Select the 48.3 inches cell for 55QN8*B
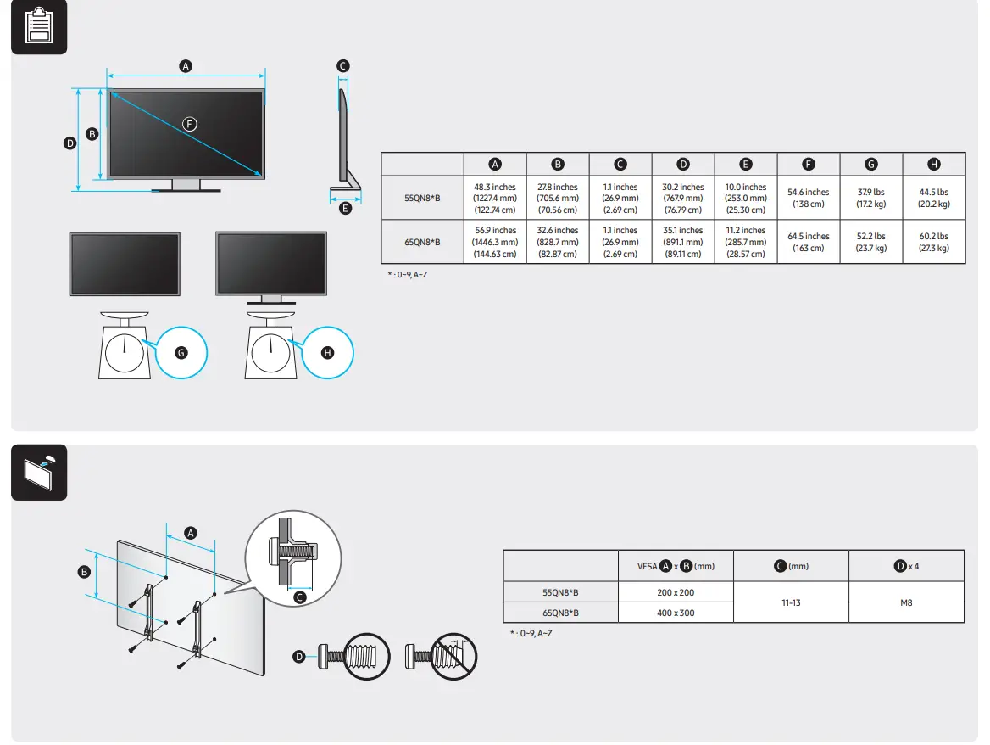tap(495, 198)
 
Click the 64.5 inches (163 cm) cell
tap(808, 242)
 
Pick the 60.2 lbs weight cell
tap(933, 242)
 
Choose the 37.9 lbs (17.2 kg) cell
tap(870, 198)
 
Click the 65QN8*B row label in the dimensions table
tap(422, 242)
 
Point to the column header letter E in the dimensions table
tap(746, 165)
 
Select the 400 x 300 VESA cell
tap(675, 613)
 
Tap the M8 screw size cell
tap(906, 602)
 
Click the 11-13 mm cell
tap(790, 602)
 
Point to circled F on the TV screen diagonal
tap(190, 124)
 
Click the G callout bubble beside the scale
tap(180, 351)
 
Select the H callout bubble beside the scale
tap(327, 351)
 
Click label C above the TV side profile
tap(342, 65)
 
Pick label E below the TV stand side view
tap(344, 209)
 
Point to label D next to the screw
tap(299, 656)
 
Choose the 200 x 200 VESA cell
tap(675, 592)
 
